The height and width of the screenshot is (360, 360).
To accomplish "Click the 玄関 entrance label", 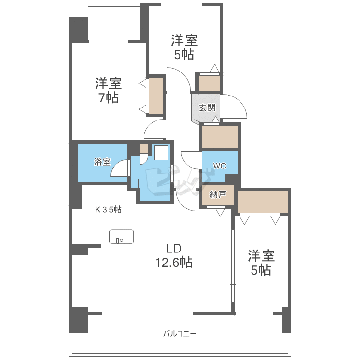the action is pos(207,108).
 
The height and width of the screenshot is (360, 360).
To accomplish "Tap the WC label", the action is pos(219,166).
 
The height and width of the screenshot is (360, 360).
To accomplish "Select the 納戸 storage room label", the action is pos(218,195).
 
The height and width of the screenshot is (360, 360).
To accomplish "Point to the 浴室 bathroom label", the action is pos(102,162).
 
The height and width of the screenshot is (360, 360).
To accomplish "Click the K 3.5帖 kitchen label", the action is pos(108,209).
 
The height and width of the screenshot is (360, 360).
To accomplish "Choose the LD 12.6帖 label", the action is pos(174,255).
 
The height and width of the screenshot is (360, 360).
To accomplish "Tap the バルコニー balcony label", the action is pos(180,334).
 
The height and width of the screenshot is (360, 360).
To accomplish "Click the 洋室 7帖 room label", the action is pos(108,90).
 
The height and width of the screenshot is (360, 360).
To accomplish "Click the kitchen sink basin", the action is pos(122,237).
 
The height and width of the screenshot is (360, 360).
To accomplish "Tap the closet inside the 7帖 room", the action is pos(156,96).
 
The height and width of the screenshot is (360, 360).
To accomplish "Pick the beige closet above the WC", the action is pos(220,137).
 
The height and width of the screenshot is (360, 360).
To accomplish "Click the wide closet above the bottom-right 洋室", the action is pos(263,202).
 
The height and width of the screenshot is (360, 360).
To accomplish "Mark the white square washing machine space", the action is pos(161,153).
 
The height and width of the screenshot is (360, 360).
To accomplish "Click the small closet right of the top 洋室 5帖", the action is pos(209,83).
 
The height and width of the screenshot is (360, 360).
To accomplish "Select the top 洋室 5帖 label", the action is pos(184,48).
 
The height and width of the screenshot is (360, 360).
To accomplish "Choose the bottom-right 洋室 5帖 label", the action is pos(261,263).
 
